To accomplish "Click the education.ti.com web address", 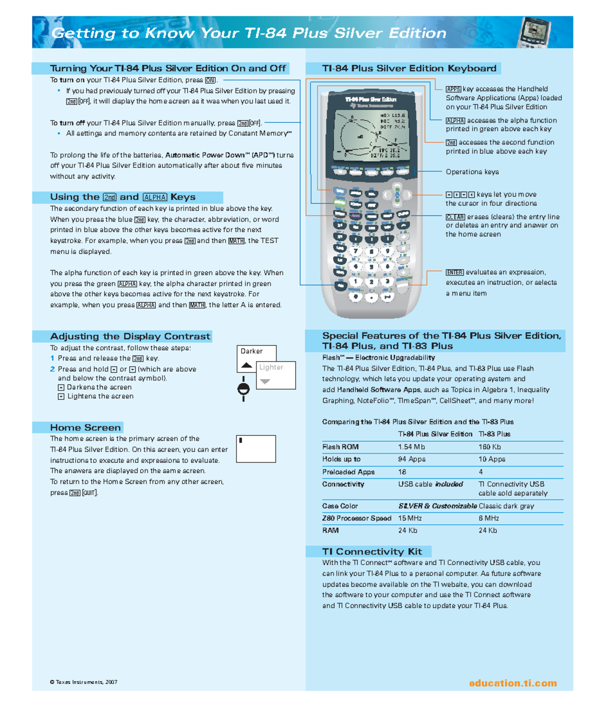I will pos(512,683).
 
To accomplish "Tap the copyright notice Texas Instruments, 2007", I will pos(84,682).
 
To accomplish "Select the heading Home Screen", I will pos(85,427).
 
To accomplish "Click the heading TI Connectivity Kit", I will pos(372,551).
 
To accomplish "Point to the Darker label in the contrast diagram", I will pos(251,351).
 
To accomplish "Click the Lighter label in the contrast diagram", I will pos(271,367).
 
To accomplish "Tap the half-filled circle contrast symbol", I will pos(243,389).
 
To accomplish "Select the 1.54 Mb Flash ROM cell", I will pos(412,447).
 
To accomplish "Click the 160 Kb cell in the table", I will pos(491,447).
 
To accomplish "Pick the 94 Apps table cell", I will pos(412,459).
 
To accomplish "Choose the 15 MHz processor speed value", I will pos(410,518).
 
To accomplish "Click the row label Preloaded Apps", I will pos(348,472).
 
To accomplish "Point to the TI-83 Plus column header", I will pos(494,434).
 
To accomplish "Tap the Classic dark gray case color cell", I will pos(506,506).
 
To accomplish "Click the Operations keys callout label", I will pos(472,172).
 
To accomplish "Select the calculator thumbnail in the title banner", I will pos(534,32).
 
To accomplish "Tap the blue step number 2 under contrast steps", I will pos(52,369).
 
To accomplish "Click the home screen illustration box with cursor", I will pos(256,449).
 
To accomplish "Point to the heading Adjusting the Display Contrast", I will pos(130,336).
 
